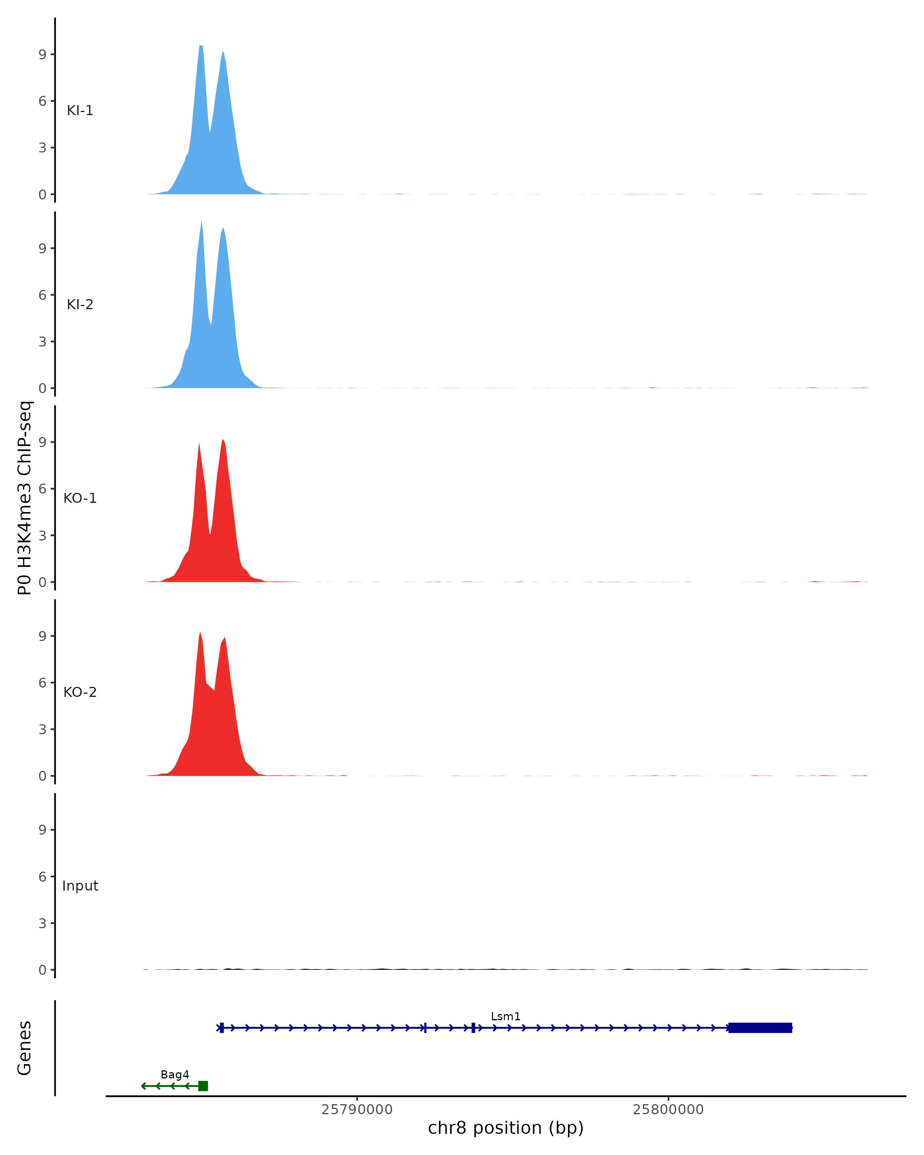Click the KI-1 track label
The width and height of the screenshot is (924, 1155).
80,111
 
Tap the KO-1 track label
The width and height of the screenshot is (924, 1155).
80,498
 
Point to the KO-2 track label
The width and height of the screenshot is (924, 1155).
80,692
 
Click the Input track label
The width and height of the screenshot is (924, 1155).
80,885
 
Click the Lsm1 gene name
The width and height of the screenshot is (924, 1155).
505,1016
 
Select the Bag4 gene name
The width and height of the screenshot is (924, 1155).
175,1074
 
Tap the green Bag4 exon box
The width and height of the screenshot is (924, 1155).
203,1086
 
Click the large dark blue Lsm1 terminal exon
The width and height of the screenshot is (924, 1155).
760,1028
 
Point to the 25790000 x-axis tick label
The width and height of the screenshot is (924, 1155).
357,1110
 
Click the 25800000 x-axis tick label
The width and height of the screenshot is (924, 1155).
668,1110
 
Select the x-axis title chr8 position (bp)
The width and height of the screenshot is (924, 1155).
505,1128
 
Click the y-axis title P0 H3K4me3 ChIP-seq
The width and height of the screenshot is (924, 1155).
25,498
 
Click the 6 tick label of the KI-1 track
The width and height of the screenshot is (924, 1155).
42,101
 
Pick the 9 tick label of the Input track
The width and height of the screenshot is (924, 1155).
42,830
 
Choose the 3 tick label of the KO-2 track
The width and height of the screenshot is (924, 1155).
42,729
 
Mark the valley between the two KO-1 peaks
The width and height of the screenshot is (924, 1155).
210,534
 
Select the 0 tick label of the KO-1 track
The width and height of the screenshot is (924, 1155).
42,583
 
